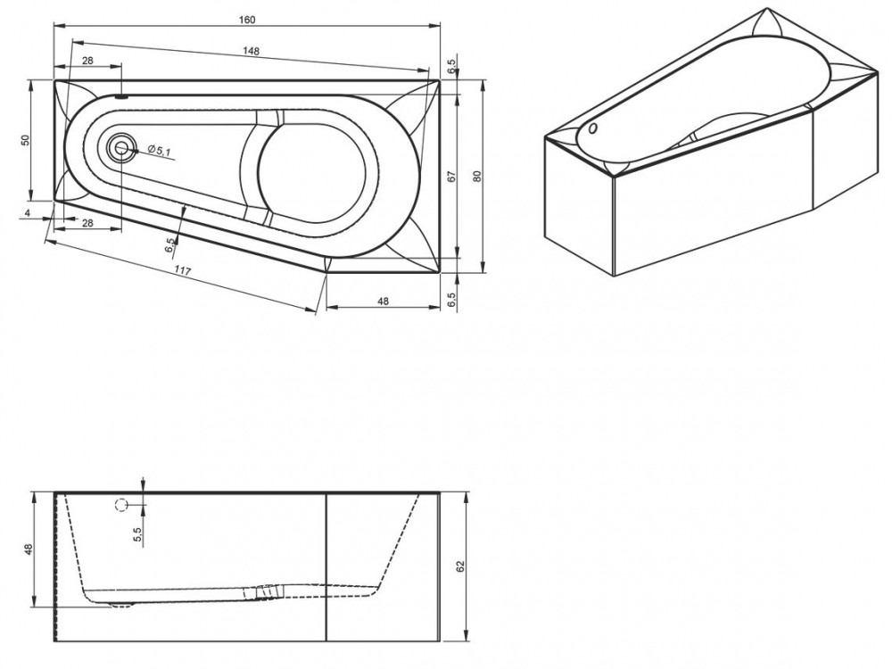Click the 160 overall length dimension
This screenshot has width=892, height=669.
click(247, 20)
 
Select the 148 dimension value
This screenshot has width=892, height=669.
click(251, 51)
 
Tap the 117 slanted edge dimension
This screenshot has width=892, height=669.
click(182, 271)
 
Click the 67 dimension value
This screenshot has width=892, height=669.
click(452, 177)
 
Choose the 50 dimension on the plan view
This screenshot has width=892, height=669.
click(25, 140)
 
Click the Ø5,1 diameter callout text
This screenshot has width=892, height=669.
click(160, 150)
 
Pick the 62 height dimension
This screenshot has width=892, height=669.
click(461, 566)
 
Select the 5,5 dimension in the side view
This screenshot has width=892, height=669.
click(136, 533)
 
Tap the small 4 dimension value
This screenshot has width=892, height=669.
click(28, 213)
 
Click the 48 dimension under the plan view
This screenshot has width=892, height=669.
click(383, 301)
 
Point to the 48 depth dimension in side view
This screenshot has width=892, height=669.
click(29, 549)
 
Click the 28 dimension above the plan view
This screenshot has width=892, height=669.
click(87, 61)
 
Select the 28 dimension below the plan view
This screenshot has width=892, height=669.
click(87, 223)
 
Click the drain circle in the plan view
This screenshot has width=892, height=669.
click(121, 148)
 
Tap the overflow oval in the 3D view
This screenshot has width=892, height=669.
click(593, 128)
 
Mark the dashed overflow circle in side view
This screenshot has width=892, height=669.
click(121, 504)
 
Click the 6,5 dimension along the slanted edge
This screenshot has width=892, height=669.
click(170, 246)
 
